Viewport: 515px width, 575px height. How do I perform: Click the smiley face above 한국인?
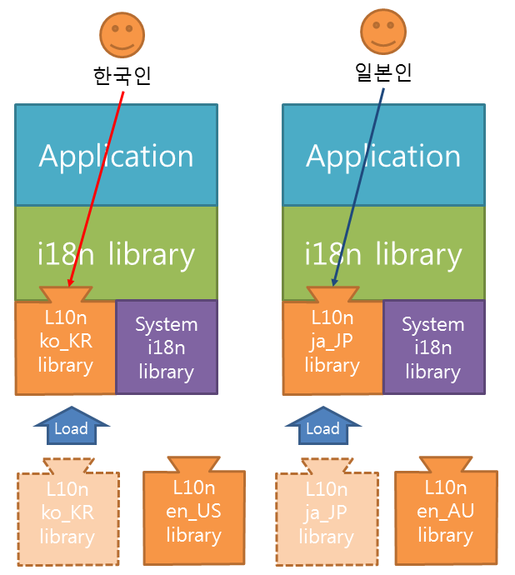click(x=122, y=35)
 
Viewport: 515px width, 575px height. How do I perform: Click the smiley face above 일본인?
click(x=383, y=32)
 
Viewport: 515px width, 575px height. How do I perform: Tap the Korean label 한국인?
click(x=122, y=76)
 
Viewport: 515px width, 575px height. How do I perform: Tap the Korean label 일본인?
click(x=383, y=72)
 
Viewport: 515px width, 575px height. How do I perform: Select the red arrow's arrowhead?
click(x=71, y=282)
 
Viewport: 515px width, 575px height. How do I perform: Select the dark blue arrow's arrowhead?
click(x=334, y=282)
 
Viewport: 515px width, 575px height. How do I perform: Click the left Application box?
click(x=117, y=155)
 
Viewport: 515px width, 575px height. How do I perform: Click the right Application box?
click(x=383, y=155)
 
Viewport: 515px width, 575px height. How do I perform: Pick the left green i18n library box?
click(x=117, y=253)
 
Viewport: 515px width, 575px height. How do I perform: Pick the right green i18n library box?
click(x=383, y=253)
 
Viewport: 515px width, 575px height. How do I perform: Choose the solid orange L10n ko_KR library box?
click(x=65, y=345)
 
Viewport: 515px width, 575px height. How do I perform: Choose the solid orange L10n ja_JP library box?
click(x=332, y=345)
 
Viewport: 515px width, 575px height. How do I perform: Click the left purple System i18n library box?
click(x=167, y=347)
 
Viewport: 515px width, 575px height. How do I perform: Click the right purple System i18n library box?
click(x=434, y=347)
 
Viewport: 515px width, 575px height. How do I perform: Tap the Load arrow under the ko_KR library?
click(x=72, y=426)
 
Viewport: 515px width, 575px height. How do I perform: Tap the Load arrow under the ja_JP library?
click(x=323, y=426)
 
